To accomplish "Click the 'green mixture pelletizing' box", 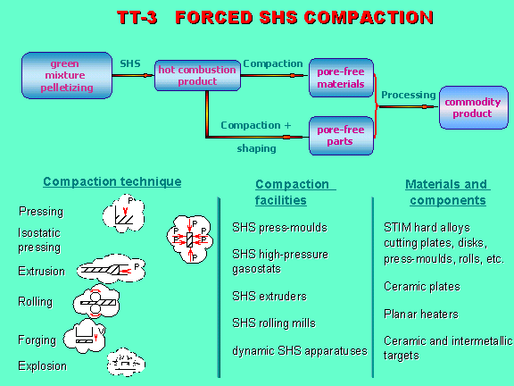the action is (x=67, y=75).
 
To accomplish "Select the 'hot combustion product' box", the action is (x=197, y=75).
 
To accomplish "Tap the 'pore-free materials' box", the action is (x=341, y=78).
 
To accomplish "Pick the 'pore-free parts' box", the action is (x=341, y=136).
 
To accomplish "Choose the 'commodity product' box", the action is (x=473, y=107).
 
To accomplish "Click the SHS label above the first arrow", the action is (x=130, y=63).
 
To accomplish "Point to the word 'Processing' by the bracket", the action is (x=409, y=95).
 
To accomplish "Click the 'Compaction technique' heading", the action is (x=112, y=181).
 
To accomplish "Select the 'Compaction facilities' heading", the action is (x=295, y=192).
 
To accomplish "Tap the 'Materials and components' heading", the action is (x=448, y=192).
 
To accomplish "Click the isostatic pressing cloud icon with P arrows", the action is (x=190, y=239).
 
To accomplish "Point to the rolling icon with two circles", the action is (x=96, y=302).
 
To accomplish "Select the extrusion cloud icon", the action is (x=112, y=269).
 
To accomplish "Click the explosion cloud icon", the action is (x=126, y=362).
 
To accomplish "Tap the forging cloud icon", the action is (x=85, y=336).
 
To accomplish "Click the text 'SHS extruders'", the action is (x=269, y=297).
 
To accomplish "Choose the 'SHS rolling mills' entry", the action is (x=274, y=323).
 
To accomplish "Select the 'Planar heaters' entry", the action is (x=421, y=315).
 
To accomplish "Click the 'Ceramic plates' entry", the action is (x=422, y=287).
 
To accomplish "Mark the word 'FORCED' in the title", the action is (x=214, y=17).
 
